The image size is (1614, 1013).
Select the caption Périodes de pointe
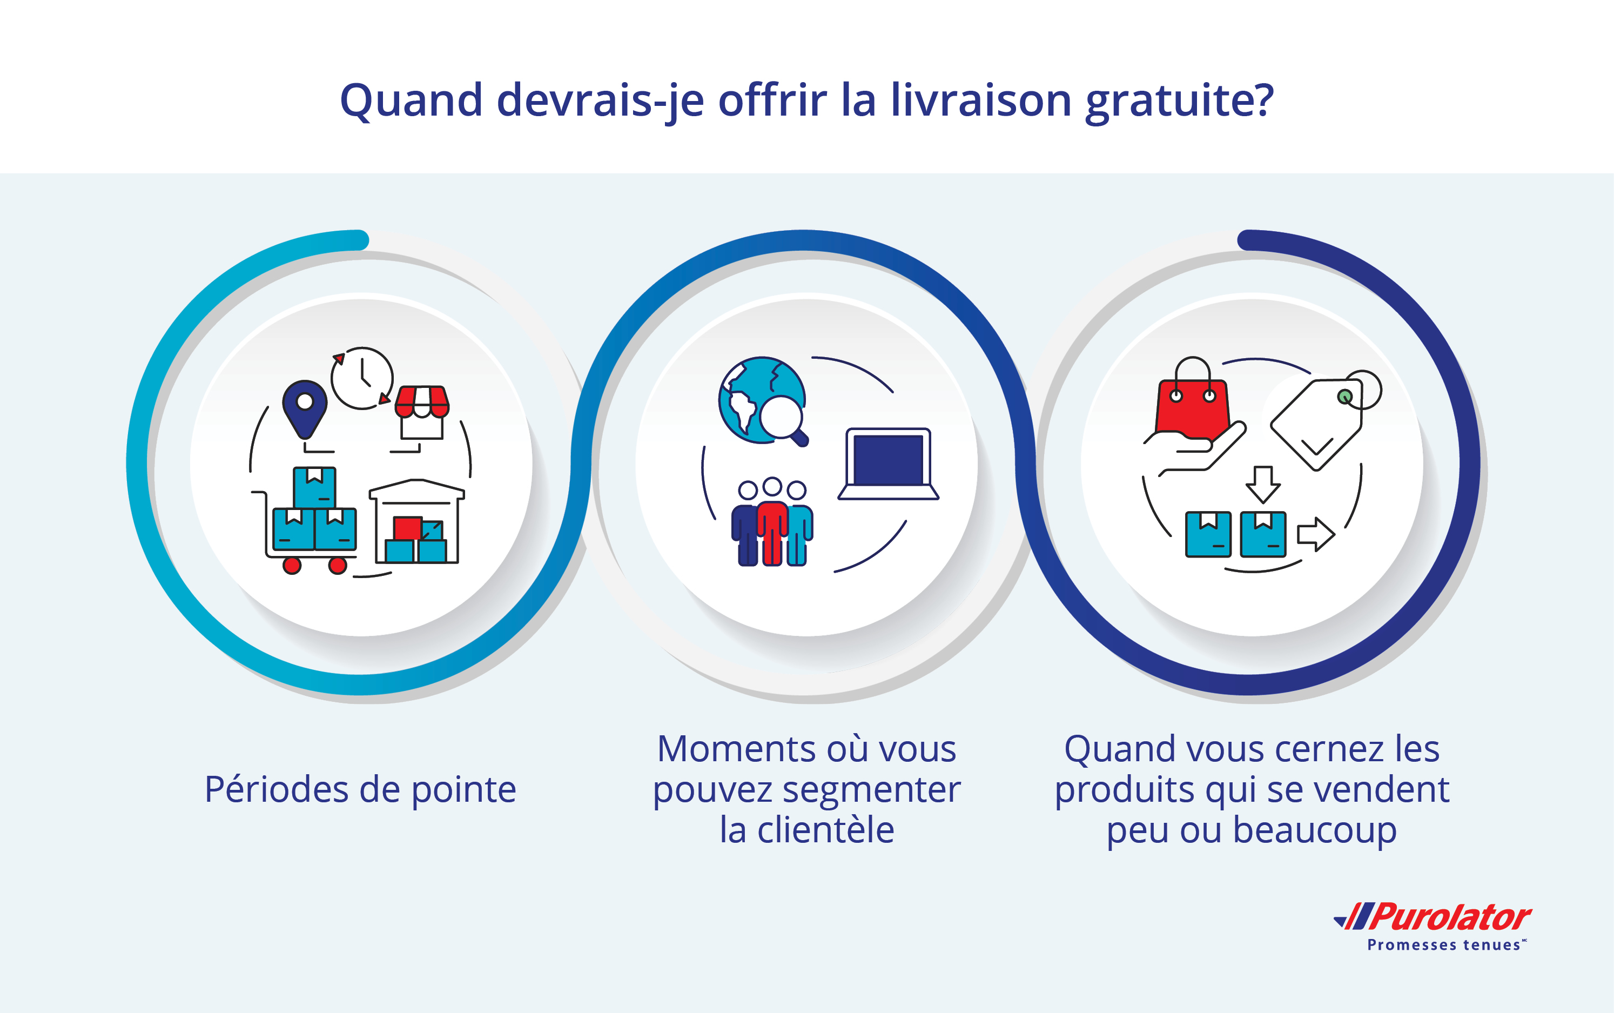[x=360, y=790]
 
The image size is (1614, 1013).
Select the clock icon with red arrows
[x=362, y=378]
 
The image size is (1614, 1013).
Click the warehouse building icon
[x=416, y=521]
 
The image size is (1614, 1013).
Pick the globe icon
[x=762, y=400]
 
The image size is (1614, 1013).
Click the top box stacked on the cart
[x=315, y=487]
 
